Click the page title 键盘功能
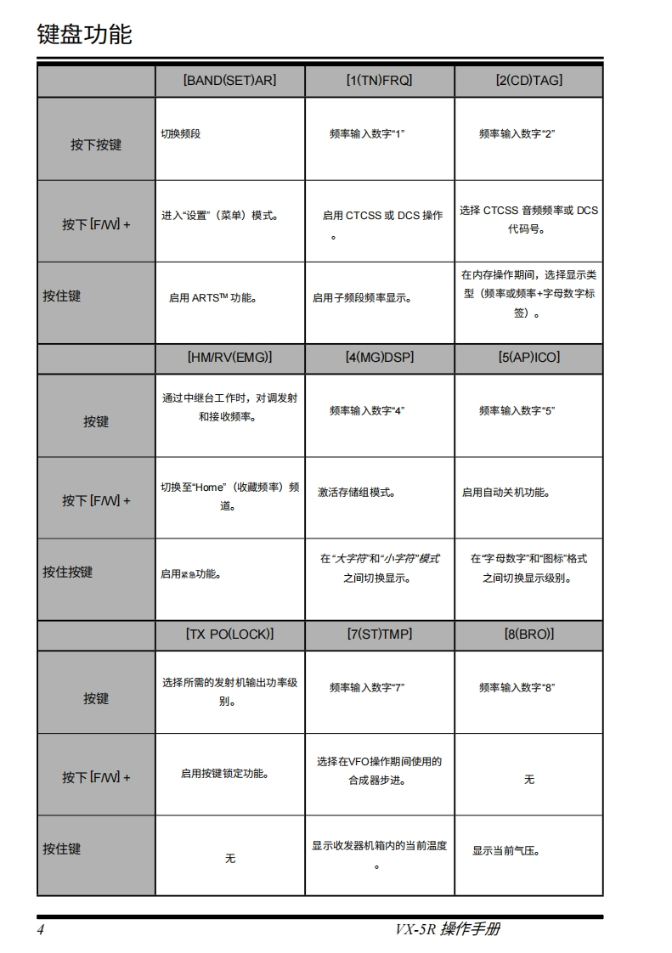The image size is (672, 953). coord(84,35)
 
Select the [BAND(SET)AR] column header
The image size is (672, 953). coord(229,81)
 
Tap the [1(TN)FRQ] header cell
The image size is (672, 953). coord(379,81)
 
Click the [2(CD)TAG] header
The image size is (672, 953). coord(528,81)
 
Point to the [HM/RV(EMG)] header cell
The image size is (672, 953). coord(229,358)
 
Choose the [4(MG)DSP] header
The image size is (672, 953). coord(379,358)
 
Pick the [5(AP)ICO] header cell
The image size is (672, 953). coord(528,358)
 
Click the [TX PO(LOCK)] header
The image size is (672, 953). coord(229,634)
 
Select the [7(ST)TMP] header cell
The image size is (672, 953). coord(379,634)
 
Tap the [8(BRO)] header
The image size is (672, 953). coord(528,634)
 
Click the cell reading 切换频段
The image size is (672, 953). coord(181,134)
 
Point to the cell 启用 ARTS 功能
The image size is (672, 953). coord(212,298)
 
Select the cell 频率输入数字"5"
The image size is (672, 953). coord(517,411)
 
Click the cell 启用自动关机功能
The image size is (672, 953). coord(505,493)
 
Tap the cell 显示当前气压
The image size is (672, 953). coord(506,851)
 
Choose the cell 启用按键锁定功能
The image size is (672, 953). coord(225,774)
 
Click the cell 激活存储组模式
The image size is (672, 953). coord(357,493)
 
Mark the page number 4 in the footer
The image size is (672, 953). coord(40,929)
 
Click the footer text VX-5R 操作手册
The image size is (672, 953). coord(447,929)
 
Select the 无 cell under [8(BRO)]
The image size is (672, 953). coord(528,779)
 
